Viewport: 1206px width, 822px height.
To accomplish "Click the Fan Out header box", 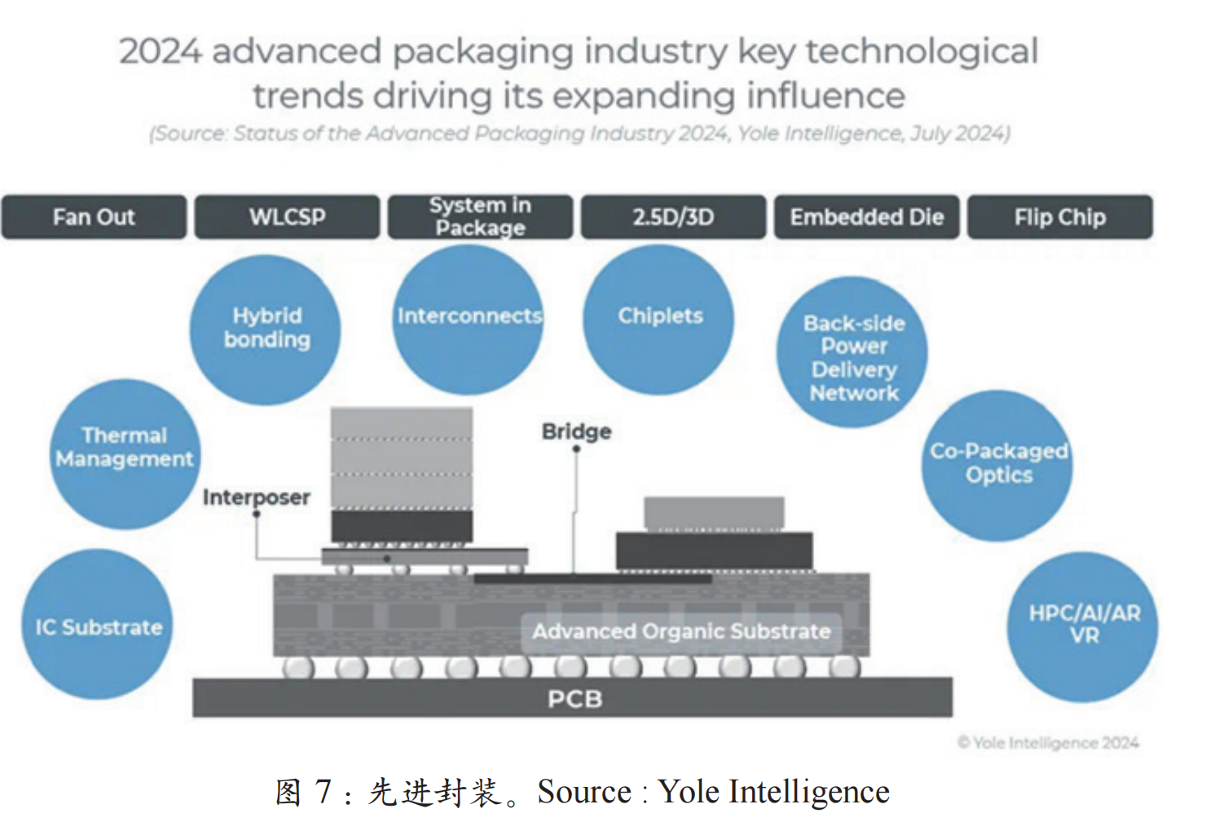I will pyautogui.click(x=94, y=217).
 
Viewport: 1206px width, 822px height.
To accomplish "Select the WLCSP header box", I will pyautogui.click(x=287, y=217).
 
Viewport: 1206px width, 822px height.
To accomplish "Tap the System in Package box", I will pyautogui.click(x=480, y=217).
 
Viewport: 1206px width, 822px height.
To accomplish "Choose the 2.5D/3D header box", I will pyautogui.click(x=673, y=217).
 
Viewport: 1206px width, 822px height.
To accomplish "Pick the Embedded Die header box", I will pyautogui.click(x=866, y=217).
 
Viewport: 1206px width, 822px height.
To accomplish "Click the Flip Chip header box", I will pyautogui.click(x=1059, y=217).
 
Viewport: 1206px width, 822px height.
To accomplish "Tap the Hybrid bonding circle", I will pyautogui.click(x=266, y=329).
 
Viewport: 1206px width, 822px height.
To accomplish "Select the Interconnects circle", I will pyautogui.click(x=469, y=319).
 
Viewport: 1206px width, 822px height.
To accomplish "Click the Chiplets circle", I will pyautogui.click(x=659, y=319).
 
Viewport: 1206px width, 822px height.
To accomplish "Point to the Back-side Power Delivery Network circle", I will pyautogui.click(x=852, y=352).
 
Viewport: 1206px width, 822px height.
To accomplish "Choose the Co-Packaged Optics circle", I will pyautogui.click(x=997, y=465).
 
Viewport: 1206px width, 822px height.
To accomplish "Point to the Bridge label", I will pyautogui.click(x=576, y=431).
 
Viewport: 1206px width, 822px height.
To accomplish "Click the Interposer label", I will pyautogui.click(x=256, y=497).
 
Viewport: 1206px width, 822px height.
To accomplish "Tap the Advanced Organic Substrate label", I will pyautogui.click(x=681, y=631).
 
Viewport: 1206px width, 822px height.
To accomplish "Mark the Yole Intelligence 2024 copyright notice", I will pyautogui.click(x=1048, y=742).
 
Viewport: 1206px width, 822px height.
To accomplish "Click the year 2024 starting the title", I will pyautogui.click(x=160, y=51).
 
